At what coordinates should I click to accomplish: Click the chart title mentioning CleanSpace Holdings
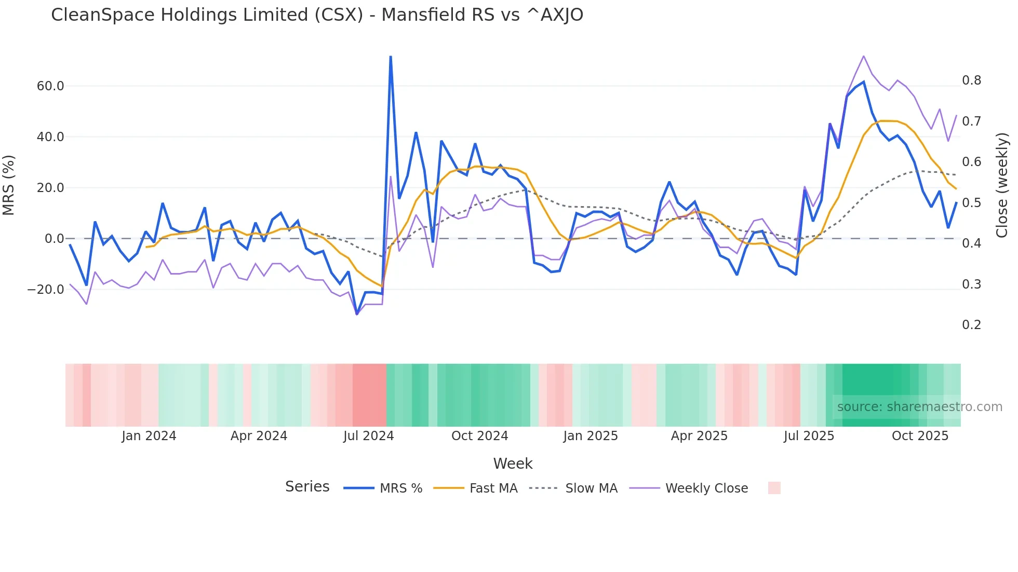(317, 15)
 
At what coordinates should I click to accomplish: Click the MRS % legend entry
(400, 488)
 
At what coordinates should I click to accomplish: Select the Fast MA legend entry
(493, 488)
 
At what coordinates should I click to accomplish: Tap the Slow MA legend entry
(591, 488)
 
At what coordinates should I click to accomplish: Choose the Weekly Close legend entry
(706, 488)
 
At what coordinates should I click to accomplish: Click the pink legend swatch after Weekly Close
(774, 488)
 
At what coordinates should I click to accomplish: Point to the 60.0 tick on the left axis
(50, 86)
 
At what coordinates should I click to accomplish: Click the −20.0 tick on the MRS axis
(46, 290)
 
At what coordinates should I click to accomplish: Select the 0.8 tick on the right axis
(971, 80)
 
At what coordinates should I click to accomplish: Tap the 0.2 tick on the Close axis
(971, 325)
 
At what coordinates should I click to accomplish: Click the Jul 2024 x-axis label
(368, 436)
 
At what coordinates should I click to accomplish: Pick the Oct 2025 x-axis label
(920, 436)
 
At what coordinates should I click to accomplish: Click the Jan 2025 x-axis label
(591, 436)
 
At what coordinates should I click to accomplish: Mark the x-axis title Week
(513, 464)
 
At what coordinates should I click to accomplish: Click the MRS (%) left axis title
(9, 185)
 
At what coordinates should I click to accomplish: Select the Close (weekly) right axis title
(1002, 185)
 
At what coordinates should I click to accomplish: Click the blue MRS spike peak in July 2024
(391, 57)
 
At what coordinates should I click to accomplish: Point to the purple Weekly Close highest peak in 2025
(863, 56)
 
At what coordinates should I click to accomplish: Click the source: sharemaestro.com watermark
(919, 407)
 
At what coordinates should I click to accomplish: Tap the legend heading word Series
(307, 487)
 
